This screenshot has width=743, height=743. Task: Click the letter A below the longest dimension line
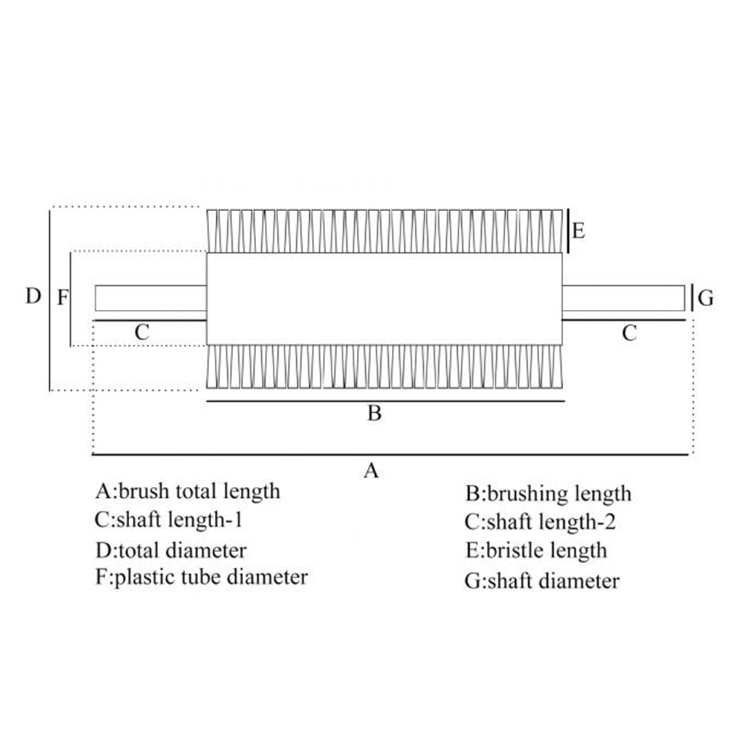pyautogui.click(x=371, y=471)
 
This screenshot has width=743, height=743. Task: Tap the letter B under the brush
pyautogui.click(x=374, y=414)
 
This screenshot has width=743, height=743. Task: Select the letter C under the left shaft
pyautogui.click(x=142, y=333)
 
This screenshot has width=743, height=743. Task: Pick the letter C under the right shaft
pyautogui.click(x=629, y=333)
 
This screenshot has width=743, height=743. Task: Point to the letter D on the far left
pyautogui.click(x=33, y=296)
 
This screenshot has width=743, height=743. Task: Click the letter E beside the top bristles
pyautogui.click(x=578, y=231)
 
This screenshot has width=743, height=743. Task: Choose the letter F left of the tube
pyautogui.click(x=62, y=297)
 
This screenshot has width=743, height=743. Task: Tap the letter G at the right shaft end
pyautogui.click(x=705, y=297)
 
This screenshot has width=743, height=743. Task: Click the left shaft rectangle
pyautogui.click(x=151, y=297)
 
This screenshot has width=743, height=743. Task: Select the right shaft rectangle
pyautogui.click(x=623, y=297)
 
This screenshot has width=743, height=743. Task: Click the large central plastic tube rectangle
pyautogui.click(x=385, y=298)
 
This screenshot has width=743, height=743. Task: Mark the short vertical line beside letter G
pyautogui.click(x=693, y=297)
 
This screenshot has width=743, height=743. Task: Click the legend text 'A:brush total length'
pyautogui.click(x=188, y=491)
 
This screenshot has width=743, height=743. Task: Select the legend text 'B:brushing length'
pyautogui.click(x=549, y=494)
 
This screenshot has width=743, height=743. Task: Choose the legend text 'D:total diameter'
pyautogui.click(x=171, y=550)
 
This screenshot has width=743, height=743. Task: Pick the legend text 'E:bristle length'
pyautogui.click(x=536, y=550)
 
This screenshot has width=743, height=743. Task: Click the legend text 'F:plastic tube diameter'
pyautogui.click(x=202, y=578)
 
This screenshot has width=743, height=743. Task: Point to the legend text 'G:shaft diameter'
pyautogui.click(x=543, y=580)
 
